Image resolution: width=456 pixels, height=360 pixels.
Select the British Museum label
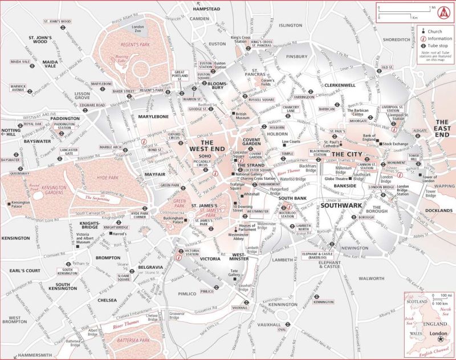click(x=243, y=116)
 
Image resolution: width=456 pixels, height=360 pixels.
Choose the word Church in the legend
click(x=435, y=31)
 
